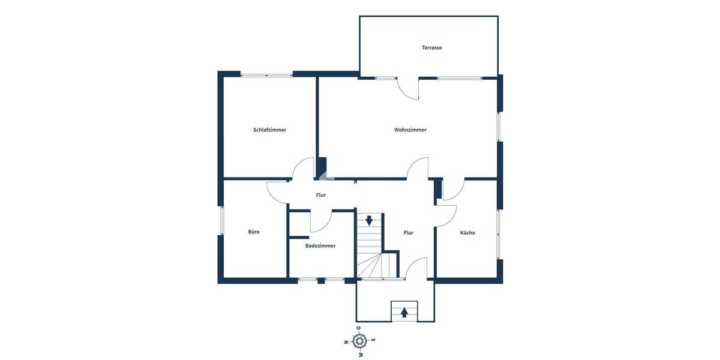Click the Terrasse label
pyautogui.click(x=431, y=47)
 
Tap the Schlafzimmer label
pyautogui.click(x=269, y=130)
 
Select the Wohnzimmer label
pyautogui.click(x=410, y=130)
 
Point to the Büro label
pyautogui.click(x=254, y=232)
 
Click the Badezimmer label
pyautogui.click(x=320, y=245)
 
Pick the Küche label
pyautogui.click(x=467, y=232)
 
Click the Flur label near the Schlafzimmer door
pyautogui.click(x=321, y=195)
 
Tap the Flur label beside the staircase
pyautogui.click(x=409, y=232)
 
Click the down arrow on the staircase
pyautogui.click(x=369, y=220)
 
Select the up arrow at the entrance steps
pyautogui.click(x=404, y=312)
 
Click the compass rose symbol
pyautogui.click(x=359, y=341)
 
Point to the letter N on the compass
pyautogui.click(x=346, y=342)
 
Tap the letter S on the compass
pyautogui.click(x=373, y=340)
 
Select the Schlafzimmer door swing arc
pyautogui.click(x=304, y=167)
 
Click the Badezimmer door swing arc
pyautogui.click(x=321, y=222)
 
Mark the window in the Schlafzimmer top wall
pyautogui.click(x=266, y=74)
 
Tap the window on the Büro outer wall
pyautogui.click(x=221, y=221)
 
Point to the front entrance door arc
pyautogui.click(x=416, y=268)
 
